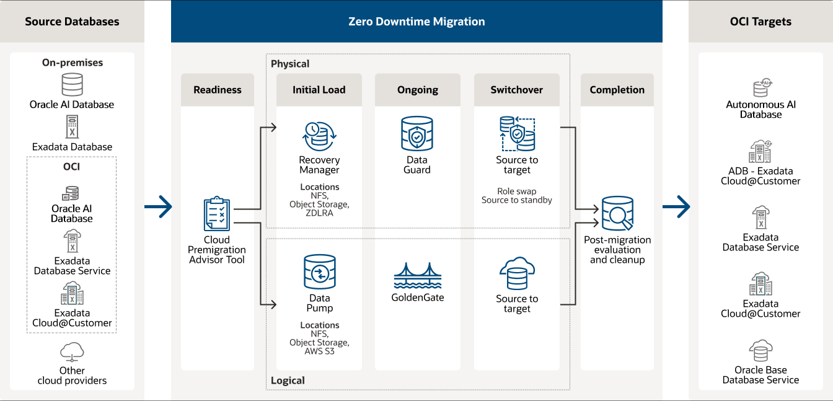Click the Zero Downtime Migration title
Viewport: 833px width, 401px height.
(416, 22)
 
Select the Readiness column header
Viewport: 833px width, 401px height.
(218, 90)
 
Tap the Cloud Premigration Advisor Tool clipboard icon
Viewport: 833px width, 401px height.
(217, 214)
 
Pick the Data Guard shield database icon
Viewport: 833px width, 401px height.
(417, 134)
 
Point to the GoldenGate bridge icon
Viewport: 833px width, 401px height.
(417, 276)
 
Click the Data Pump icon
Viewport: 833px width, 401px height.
(319, 272)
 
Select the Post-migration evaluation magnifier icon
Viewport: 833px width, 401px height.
(617, 214)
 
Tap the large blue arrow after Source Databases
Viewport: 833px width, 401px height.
(159, 206)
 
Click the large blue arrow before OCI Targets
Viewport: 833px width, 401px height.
(676, 206)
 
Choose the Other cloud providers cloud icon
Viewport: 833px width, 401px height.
(72, 352)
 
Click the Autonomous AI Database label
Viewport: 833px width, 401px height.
(760, 110)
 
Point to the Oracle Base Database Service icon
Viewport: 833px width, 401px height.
(760, 350)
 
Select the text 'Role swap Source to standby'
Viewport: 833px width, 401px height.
(516, 196)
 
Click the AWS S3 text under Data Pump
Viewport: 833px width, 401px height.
(319, 352)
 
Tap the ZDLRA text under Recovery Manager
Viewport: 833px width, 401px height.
(319, 214)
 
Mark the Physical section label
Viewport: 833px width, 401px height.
(290, 64)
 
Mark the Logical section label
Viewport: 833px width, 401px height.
(288, 381)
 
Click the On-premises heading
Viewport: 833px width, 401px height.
(73, 63)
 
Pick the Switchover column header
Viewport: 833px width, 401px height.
(516, 90)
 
